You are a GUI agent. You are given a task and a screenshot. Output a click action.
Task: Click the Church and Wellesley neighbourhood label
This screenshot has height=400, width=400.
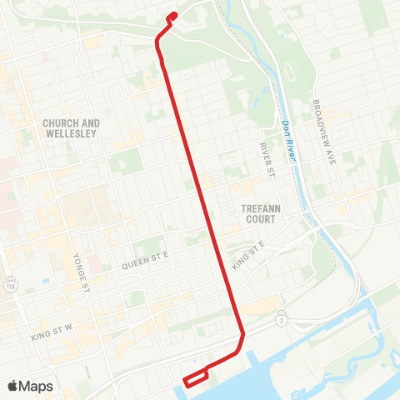[x=72, y=127]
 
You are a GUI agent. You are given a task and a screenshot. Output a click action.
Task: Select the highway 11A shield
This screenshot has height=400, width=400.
[x=10, y=282]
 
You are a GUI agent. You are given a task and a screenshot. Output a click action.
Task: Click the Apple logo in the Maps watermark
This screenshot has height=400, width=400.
[x=12, y=386]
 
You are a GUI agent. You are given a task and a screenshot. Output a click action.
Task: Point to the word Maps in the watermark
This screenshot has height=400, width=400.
[x=36, y=386]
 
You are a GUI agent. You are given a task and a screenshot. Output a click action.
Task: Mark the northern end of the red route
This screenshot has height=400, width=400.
[x=172, y=14]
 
